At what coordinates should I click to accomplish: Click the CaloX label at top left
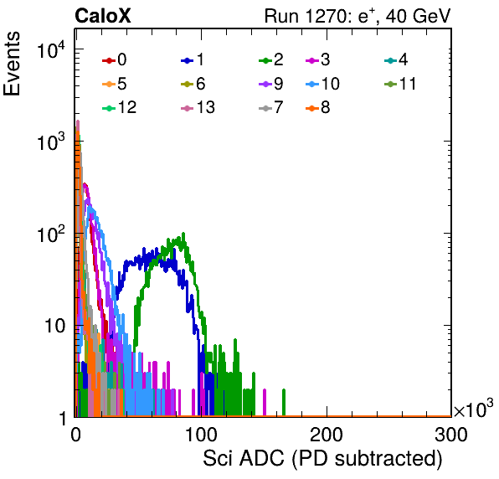tap(103, 16)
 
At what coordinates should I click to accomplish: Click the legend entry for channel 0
tap(114, 59)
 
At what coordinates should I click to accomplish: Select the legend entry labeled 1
tap(193, 59)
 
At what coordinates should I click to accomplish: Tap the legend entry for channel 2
tap(271, 59)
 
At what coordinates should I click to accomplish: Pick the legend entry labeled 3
tap(318, 59)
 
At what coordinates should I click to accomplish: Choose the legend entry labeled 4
tap(396, 59)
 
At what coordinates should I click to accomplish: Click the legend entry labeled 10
tap(322, 84)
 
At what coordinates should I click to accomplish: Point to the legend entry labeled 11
tap(400, 84)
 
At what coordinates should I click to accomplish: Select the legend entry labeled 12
tap(120, 107)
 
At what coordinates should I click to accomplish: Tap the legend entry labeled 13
tap(198, 107)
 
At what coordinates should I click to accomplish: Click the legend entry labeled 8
tap(318, 107)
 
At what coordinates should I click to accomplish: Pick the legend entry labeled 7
tap(271, 107)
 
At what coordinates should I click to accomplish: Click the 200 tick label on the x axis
tap(327, 435)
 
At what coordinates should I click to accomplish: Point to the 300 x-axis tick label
tap(451, 435)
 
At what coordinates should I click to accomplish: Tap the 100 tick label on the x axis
tap(201, 435)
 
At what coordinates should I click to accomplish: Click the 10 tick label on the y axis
tap(55, 326)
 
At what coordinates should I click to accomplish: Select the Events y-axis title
tap(12, 64)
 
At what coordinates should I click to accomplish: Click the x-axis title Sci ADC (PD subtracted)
tap(322, 459)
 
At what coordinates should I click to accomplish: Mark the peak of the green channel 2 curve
tap(183, 234)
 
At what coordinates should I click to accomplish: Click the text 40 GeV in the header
tap(418, 16)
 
